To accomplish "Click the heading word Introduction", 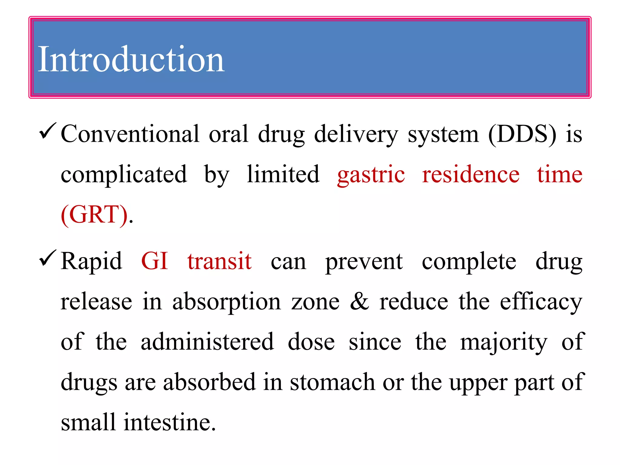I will coord(131,59).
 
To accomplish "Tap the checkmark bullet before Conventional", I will coord(48,131).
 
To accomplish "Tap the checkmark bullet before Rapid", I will coord(48,258).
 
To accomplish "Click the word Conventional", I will coord(130,134).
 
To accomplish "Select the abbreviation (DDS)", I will coord(522,134).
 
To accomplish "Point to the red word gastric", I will coord(371,175).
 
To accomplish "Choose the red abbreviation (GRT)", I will coord(94,215).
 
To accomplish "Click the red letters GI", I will coord(154,261).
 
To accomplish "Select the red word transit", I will coord(219,261).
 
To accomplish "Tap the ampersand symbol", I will coord(359,302).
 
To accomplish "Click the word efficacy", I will coord(541,302).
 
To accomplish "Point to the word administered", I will coord(207,342).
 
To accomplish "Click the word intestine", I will coord(170,422).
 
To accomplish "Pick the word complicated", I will coord(124,175).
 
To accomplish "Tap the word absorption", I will coord(227,302).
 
